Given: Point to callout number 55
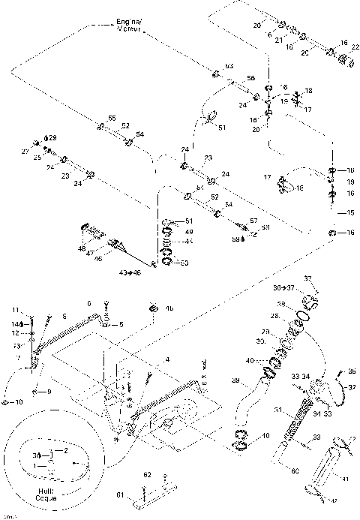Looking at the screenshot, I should click(x=112, y=119).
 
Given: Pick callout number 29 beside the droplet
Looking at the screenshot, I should click(x=52, y=138).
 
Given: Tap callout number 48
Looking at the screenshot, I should click(x=81, y=247).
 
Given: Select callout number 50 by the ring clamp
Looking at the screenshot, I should click(x=184, y=263).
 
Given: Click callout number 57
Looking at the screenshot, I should click(x=253, y=221).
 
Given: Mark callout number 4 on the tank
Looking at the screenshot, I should click(x=167, y=359).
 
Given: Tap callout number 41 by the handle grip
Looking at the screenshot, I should click(x=345, y=477).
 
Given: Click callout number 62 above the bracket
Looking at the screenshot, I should click(x=148, y=475).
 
